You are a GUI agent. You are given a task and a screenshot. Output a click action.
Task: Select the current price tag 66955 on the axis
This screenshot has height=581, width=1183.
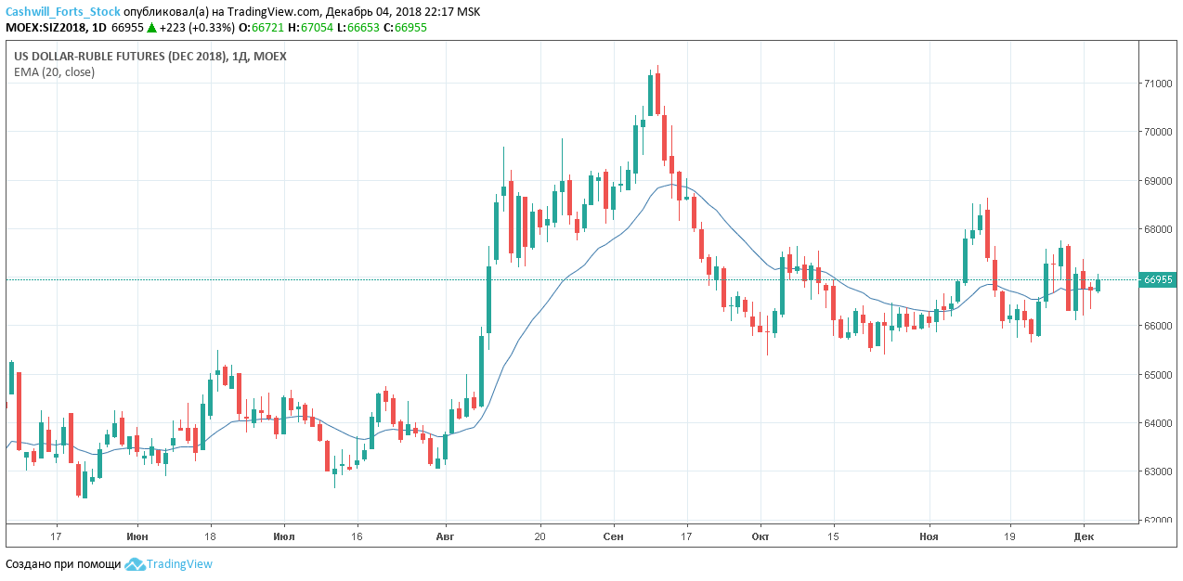(1158, 279)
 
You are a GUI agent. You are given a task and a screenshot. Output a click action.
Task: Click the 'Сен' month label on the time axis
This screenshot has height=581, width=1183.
(613, 536)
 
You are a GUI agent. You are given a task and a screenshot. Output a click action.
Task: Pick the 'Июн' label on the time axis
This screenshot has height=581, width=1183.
(137, 536)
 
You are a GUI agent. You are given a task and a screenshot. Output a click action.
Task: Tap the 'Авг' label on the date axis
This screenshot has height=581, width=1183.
(446, 536)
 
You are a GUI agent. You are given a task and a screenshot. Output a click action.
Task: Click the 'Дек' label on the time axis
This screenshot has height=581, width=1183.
(1084, 536)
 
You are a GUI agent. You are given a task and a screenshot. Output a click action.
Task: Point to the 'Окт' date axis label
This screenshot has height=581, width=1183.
(760, 536)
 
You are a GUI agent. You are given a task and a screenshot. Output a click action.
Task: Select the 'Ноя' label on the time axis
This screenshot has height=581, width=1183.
(929, 536)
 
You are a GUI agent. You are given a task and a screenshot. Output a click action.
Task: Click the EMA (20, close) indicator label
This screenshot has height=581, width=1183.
(54, 72)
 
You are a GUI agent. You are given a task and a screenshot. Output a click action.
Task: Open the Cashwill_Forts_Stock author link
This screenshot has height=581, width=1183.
(62, 12)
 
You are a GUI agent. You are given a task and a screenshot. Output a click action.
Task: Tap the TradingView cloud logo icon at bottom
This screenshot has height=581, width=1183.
(135, 564)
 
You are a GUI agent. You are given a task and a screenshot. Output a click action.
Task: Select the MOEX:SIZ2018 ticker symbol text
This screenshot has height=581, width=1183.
(45, 28)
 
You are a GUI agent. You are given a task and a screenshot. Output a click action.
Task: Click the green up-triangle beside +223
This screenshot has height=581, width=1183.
(151, 28)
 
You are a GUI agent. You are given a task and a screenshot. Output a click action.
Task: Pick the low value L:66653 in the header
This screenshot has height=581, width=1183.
(365, 28)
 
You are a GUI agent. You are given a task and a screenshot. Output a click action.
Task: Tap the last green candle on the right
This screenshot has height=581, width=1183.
(1098, 285)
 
